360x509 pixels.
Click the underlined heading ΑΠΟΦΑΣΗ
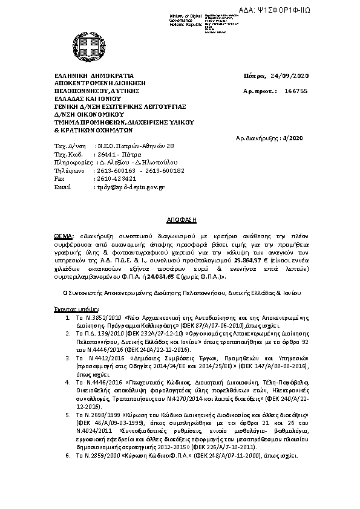click(x=179, y=215)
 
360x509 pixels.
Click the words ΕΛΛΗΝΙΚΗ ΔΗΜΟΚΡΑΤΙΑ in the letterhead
click(x=94, y=76)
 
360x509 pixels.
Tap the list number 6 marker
click(x=68, y=453)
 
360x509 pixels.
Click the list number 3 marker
click(x=68, y=358)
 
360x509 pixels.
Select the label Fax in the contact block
click(x=59, y=179)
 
